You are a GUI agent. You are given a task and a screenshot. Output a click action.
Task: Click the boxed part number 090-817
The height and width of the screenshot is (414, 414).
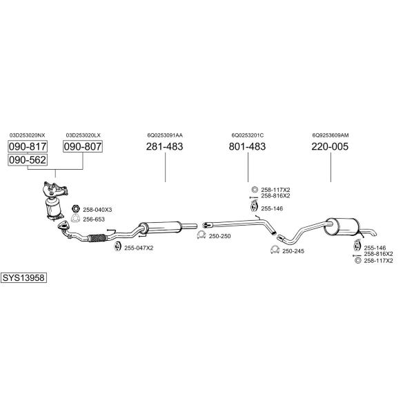click(x=28, y=146)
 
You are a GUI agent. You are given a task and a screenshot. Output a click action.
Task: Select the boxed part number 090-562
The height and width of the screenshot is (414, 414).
click(x=28, y=160)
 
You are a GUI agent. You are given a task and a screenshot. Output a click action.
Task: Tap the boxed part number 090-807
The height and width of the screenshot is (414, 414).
click(x=83, y=146)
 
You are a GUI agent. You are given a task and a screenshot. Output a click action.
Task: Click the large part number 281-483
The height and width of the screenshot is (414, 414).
click(x=164, y=146)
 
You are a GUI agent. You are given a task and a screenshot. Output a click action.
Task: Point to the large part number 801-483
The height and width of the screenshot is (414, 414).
click(x=248, y=146)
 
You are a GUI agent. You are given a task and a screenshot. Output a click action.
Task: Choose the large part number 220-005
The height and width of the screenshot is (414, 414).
click(x=330, y=146)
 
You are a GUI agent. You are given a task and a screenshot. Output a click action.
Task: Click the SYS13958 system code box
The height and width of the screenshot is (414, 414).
click(x=23, y=278)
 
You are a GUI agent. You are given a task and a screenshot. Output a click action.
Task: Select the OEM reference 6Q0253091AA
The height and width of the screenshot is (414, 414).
click(x=165, y=135)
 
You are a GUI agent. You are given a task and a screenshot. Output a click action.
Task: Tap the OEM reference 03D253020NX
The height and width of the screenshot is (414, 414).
click(x=28, y=135)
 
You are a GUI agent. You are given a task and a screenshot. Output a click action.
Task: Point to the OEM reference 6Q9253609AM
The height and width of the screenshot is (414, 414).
click(x=331, y=135)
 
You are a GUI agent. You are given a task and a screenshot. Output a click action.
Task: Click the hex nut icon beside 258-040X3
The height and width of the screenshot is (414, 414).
click(x=76, y=209)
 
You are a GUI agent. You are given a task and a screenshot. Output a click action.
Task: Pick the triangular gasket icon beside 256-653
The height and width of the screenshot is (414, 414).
click(x=75, y=218)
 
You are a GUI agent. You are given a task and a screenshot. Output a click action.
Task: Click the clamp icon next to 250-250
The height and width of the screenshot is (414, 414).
click(x=201, y=235)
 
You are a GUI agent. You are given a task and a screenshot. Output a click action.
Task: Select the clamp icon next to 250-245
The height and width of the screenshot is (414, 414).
click(x=275, y=250)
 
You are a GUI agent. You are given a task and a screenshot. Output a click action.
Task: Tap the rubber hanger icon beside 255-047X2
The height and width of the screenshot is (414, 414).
click(x=117, y=246)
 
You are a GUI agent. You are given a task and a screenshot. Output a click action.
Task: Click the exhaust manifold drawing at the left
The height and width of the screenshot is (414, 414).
click(x=55, y=189)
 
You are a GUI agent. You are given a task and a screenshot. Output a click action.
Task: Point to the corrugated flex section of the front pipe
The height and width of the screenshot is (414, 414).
click(x=98, y=238)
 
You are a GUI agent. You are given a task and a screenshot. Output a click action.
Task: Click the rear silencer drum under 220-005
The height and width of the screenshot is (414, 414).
click(x=342, y=227)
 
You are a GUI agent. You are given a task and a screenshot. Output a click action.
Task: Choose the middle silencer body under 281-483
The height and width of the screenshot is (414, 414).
click(x=160, y=227)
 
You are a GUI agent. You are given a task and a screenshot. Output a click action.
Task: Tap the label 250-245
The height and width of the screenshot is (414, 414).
click(x=293, y=251)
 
